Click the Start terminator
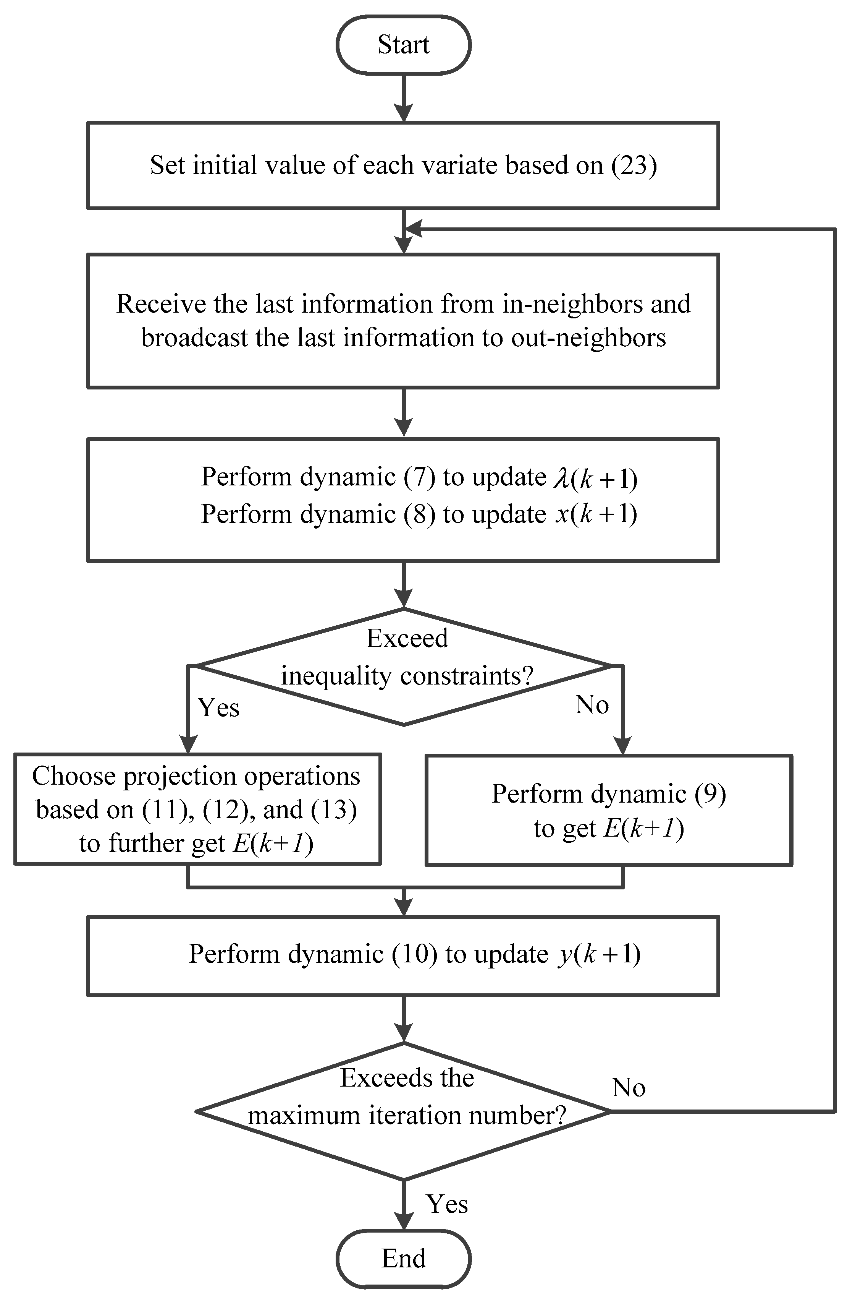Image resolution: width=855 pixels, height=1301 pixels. [x=403, y=45]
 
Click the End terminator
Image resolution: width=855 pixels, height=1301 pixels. [x=403, y=1258]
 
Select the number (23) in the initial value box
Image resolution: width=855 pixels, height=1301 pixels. [x=634, y=165]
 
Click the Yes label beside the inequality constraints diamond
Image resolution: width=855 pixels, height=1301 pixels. [x=218, y=708]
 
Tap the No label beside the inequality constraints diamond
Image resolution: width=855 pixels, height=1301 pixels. [x=592, y=705]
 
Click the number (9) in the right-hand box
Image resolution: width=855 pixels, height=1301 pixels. [x=710, y=794]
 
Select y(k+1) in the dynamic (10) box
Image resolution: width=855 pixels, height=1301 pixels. [x=599, y=954]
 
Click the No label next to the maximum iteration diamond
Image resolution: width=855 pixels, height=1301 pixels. [x=628, y=1088]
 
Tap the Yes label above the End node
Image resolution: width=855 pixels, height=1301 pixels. [x=447, y=1204]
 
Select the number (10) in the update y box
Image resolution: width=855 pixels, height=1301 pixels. [x=414, y=954]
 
